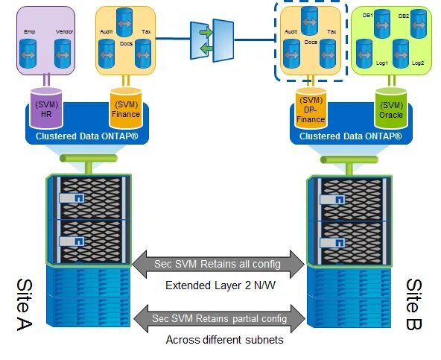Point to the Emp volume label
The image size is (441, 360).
[x=29, y=33]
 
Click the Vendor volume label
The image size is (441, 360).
[x=64, y=33]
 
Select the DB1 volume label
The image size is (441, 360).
[x=367, y=16]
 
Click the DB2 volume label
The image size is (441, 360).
[x=404, y=16]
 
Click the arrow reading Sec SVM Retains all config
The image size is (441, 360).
[x=219, y=264]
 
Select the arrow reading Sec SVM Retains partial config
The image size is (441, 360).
[x=219, y=318]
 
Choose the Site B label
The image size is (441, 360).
[x=415, y=305]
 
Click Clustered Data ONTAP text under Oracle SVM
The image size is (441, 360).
[x=350, y=136]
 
